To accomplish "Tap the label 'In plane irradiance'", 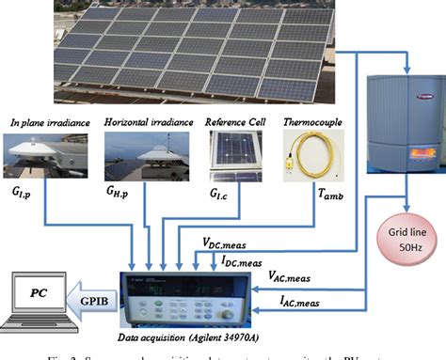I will pos(48,122).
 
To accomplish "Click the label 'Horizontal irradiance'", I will pos(149,122).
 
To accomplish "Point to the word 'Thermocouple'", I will pos(316,122).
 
